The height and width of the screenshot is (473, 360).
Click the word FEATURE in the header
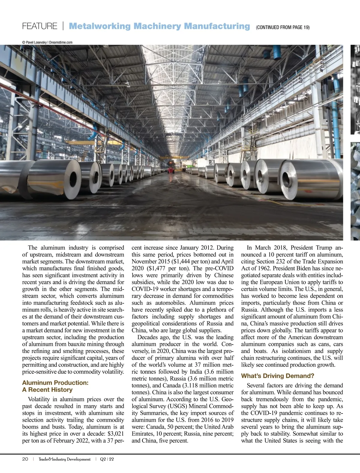coord(40,26)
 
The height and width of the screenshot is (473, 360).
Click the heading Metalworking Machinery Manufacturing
coord(159,26)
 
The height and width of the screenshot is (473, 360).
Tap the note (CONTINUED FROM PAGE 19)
coord(283,27)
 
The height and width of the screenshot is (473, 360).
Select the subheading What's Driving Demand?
coord(278,376)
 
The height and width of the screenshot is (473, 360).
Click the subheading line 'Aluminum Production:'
coord(55,383)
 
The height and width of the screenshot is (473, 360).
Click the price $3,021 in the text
coord(116,434)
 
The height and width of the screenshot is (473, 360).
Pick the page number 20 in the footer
coord(25,459)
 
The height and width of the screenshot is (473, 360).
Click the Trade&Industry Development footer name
coord(64,459)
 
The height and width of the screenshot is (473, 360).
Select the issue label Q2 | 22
coord(107,459)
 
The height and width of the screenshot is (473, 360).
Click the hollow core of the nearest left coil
coord(73,179)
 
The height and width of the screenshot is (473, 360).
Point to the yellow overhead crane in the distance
coord(174,157)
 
